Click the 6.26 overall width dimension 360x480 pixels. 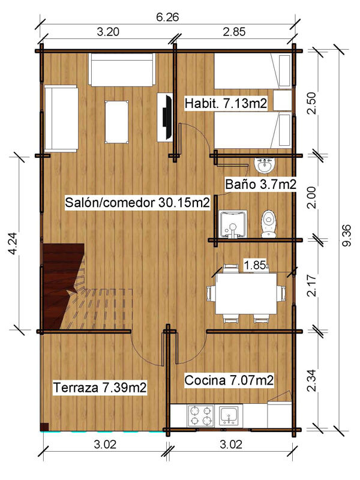[167, 17]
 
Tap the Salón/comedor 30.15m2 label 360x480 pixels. [137, 202]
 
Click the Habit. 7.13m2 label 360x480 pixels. [226, 103]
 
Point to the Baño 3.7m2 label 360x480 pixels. [261, 184]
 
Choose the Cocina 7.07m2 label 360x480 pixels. [229, 380]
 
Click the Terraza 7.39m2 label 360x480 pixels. [100, 388]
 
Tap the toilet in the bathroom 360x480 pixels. [269, 224]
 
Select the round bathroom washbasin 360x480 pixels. [265, 164]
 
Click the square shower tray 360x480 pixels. [233, 223]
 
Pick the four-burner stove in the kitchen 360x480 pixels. [200, 416]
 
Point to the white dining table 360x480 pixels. [247, 293]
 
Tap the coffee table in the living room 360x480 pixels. [116, 122]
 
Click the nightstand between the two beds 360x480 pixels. [282, 100]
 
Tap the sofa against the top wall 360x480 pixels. [122, 70]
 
